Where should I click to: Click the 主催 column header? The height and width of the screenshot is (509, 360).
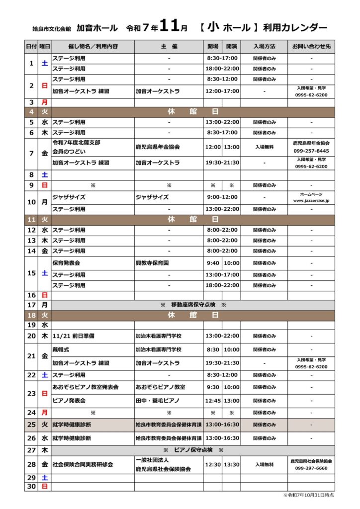coord(169,47)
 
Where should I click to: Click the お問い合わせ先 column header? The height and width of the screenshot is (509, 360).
coord(311,47)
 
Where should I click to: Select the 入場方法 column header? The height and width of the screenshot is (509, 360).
coord(264,47)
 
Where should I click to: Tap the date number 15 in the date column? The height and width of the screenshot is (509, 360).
coord(31,273)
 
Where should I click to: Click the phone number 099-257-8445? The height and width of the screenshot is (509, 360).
coord(311,151)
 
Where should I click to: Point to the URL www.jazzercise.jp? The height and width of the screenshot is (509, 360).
coord(311,200)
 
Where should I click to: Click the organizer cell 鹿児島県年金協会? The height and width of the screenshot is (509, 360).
coord(158,147)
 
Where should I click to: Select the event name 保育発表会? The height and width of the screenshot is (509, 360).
coord(66,263)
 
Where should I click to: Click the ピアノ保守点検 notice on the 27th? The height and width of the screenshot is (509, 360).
coord(193,450)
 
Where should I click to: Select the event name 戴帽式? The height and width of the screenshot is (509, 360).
coord(61,349)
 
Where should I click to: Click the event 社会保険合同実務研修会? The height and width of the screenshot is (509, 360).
coord(83,464)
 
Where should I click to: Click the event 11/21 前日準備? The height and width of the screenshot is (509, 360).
coord(73,336)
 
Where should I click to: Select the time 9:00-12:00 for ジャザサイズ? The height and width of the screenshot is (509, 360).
coord(222,197)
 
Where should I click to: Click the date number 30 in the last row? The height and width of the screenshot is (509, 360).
coord(31,486)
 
